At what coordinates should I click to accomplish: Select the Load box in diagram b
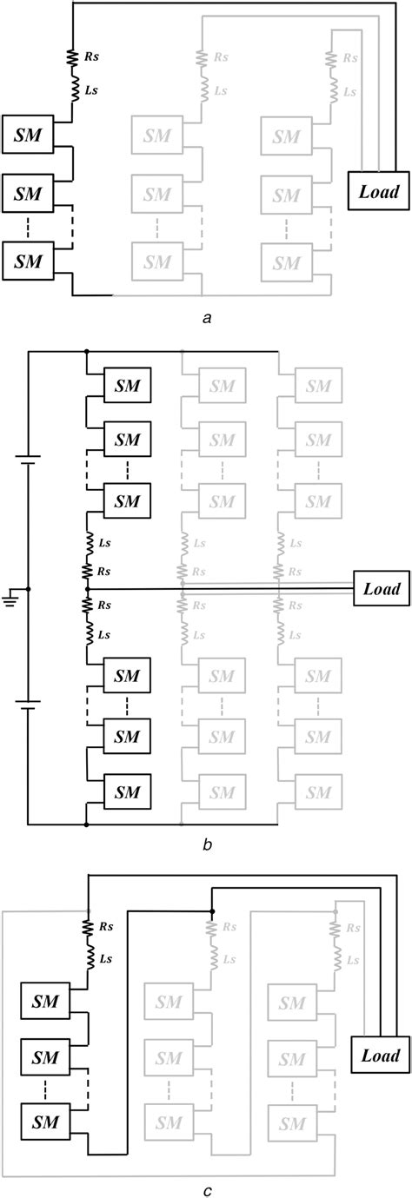pos(381,589)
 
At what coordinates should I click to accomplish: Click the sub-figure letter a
pos(207,319)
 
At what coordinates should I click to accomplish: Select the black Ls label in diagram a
pos(90,90)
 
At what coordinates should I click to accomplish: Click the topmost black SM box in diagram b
pos(127,384)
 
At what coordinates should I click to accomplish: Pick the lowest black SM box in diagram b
pos(127,791)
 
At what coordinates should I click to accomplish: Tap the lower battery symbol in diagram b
pos(28,705)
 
